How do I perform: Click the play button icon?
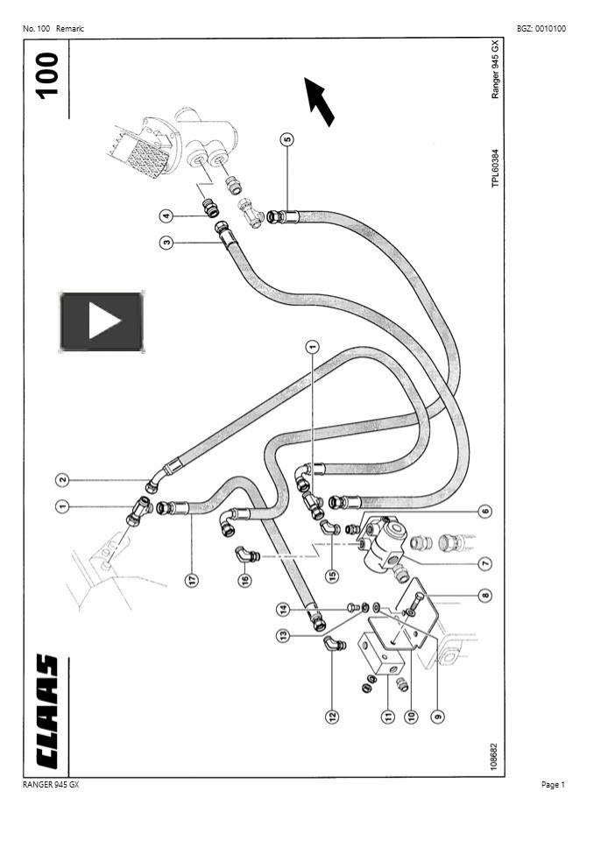[102, 322]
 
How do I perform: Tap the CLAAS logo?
[46, 711]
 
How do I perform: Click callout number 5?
[286, 138]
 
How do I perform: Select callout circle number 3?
[166, 242]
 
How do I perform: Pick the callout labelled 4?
[166, 216]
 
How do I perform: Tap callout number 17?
[192, 579]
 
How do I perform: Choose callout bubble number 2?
[62, 479]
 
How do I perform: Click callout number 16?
[244, 579]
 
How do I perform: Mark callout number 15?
[331, 576]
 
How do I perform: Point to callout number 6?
[484, 511]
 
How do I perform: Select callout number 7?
[484, 564]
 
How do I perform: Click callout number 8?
[484, 596]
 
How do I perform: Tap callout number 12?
[332, 717]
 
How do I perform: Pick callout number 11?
[386, 717]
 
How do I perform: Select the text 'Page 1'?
[553, 785]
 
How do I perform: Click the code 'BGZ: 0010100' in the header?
[541, 29]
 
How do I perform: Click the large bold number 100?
[46, 74]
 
